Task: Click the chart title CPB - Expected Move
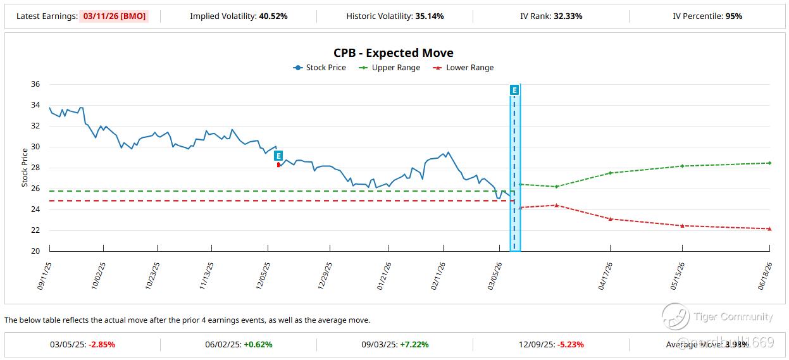(394, 53)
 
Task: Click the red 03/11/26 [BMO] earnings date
(114, 16)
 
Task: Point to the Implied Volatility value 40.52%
(273, 16)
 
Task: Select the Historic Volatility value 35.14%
(430, 16)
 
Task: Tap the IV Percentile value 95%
(733, 16)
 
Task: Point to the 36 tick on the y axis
(35, 84)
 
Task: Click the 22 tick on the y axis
(35, 230)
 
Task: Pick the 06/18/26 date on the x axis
(764, 276)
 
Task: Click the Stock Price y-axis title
(25, 168)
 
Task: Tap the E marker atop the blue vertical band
(514, 90)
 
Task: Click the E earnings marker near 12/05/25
(278, 156)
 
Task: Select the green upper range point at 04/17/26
(610, 173)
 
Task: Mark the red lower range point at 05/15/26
(682, 226)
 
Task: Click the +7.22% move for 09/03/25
(414, 345)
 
